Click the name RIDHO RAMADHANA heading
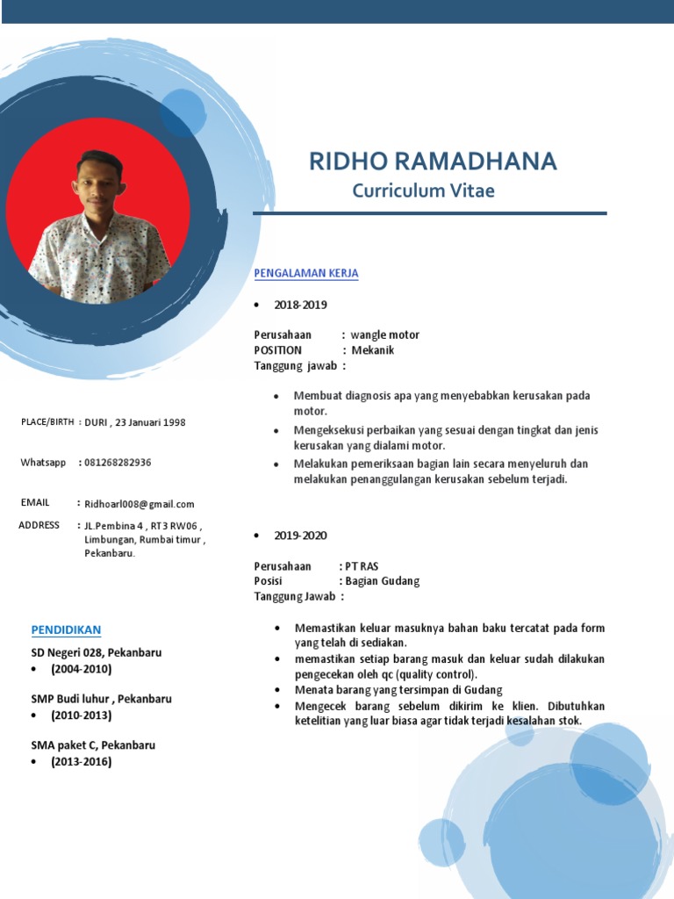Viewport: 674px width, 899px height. point(433,162)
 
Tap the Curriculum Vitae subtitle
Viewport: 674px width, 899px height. point(423,191)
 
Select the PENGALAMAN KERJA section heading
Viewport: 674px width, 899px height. point(306,273)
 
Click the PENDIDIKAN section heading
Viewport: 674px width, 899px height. point(67,629)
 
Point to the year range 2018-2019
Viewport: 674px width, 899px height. point(300,305)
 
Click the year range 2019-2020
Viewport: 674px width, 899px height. point(300,536)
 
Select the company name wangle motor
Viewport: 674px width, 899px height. point(384,334)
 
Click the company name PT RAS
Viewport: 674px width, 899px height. point(362,566)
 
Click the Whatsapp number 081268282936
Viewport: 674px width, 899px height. point(118,463)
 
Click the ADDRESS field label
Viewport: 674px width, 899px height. point(39,525)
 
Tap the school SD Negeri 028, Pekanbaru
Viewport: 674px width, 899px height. point(97,653)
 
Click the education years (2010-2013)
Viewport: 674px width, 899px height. point(81,715)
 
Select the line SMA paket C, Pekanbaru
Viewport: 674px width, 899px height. point(93,745)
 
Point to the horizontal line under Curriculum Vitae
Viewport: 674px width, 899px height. point(430,213)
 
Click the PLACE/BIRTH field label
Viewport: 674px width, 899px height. point(47,422)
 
